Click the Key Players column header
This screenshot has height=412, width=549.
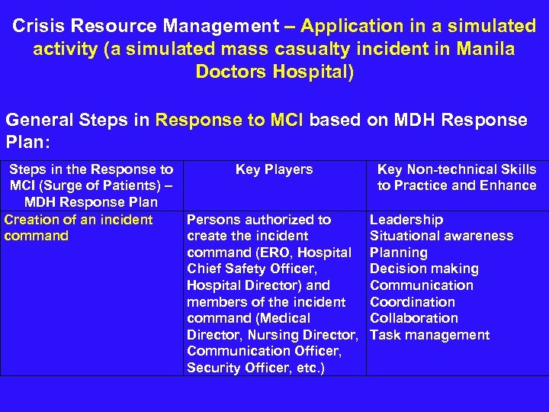274,169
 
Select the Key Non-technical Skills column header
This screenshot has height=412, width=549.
457,177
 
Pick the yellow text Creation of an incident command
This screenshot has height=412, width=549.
79,227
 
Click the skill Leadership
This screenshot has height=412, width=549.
406,220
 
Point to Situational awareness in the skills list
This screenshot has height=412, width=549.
441,236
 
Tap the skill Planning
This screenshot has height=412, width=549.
398,253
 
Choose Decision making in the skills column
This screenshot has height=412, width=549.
424,269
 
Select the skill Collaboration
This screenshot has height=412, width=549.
414,318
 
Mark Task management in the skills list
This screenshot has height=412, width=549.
429,335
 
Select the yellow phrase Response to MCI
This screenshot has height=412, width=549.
230,120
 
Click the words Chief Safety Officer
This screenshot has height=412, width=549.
252,269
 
